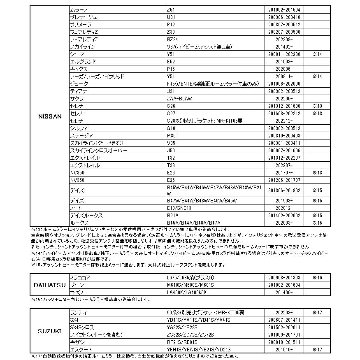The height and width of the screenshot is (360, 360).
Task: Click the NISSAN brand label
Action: click(x=50, y=116)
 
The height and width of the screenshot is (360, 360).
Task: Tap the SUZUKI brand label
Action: click(x=50, y=331)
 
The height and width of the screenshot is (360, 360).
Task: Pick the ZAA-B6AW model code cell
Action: click(x=177, y=98)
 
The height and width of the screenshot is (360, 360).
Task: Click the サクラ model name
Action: click(x=77, y=98)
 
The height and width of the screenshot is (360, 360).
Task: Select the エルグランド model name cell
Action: click(x=83, y=61)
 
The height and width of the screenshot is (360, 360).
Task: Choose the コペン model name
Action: click(x=77, y=293)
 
